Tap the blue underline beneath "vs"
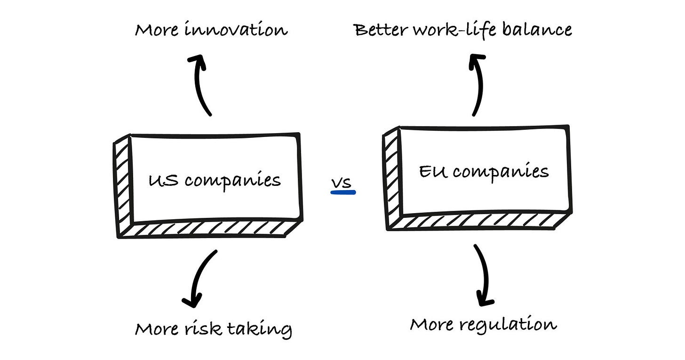(x=343, y=192)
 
